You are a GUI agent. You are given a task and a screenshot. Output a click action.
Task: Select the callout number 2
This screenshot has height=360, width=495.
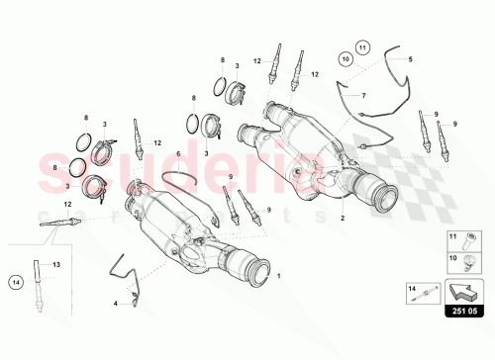(x=343, y=216)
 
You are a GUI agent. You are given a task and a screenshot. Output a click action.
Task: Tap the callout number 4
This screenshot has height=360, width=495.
(x=115, y=303)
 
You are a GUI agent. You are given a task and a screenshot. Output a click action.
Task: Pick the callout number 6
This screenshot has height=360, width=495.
(x=179, y=155)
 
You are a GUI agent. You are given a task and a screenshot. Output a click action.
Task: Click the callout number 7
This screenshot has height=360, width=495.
(x=363, y=95)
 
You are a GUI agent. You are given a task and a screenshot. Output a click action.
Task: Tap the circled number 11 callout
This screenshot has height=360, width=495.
(x=362, y=46)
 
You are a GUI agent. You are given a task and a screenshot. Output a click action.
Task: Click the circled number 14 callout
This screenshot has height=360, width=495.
(x=15, y=282)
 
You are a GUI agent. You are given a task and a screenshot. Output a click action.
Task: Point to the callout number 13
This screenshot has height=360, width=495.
(x=56, y=264)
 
